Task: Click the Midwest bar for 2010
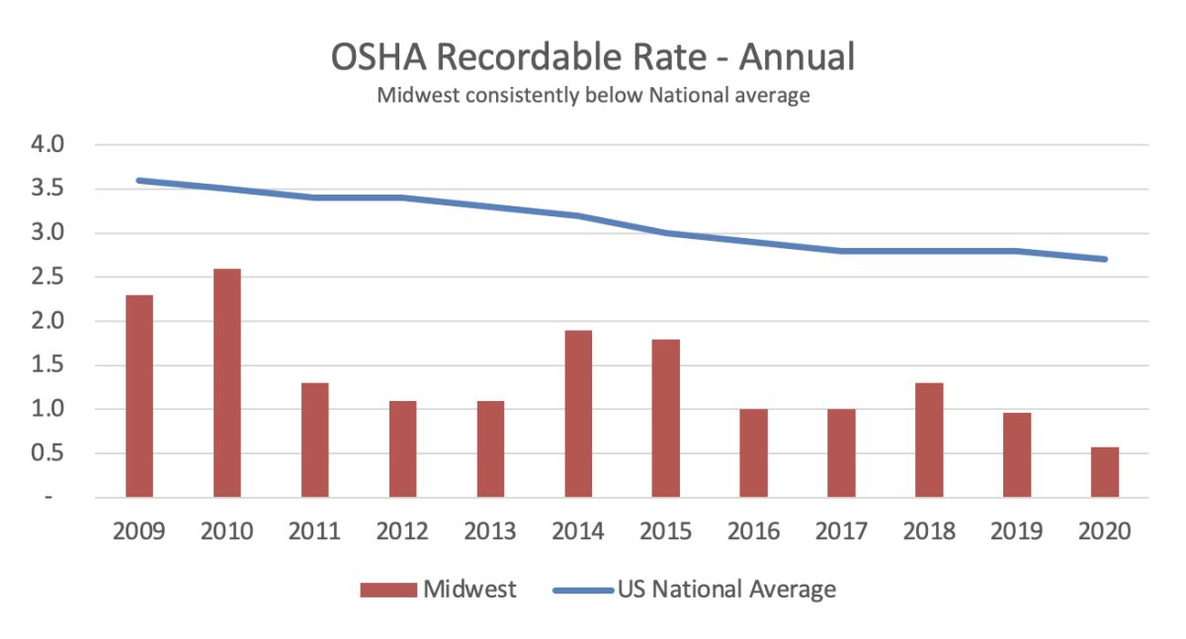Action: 227,383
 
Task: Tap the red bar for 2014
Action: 578,414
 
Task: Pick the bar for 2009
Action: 139,396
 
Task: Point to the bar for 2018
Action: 929,439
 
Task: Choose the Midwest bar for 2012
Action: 402,448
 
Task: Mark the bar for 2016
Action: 754,453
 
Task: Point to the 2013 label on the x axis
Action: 490,532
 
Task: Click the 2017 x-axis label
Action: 841,532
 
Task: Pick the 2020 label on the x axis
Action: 1105,532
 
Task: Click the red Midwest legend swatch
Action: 388,591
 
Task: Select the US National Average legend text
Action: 726,591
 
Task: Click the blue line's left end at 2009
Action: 139,181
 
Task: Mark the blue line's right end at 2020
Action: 1104,260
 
